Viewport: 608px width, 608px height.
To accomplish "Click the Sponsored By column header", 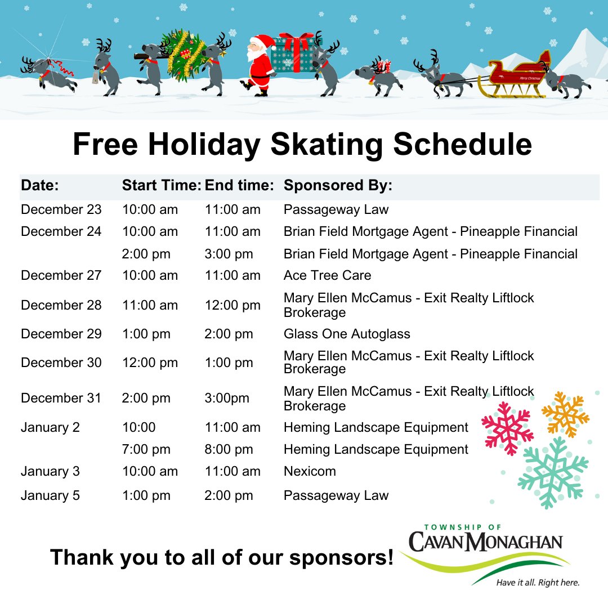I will point(338,186).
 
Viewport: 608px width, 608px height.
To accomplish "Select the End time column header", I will point(239,186).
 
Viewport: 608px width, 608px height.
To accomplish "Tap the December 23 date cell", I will point(61,209).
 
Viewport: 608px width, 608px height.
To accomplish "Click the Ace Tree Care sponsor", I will point(327,275).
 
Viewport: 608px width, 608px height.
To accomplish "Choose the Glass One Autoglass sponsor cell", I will point(347,334).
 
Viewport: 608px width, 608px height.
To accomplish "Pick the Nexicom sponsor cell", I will point(310,471).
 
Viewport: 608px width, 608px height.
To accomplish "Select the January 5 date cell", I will point(50,495).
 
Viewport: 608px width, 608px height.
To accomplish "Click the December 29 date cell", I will point(61,334).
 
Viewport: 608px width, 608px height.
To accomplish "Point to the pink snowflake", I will point(507,428).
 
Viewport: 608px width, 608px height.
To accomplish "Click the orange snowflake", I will point(565,414).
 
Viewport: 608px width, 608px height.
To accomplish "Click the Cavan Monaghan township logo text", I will point(485,542).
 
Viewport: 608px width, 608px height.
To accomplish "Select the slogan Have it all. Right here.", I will point(537,583).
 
